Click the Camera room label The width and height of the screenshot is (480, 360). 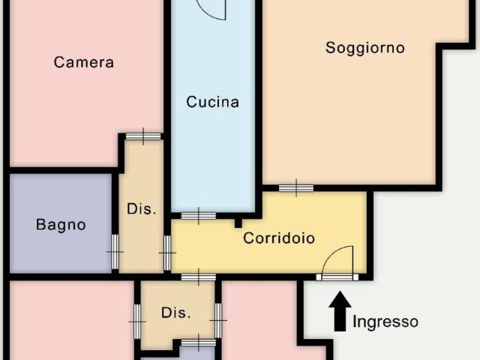[x=84, y=62]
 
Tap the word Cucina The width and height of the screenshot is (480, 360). [x=213, y=102]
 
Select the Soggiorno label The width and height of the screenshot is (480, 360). [x=364, y=48]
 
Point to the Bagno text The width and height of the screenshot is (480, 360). [x=61, y=224]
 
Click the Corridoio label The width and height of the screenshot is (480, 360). [x=278, y=238]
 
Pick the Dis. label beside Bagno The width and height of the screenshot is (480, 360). [x=142, y=209]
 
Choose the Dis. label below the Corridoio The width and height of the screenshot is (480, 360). [x=176, y=313]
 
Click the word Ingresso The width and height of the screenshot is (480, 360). [x=385, y=322]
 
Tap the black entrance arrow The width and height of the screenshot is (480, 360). [x=340, y=310]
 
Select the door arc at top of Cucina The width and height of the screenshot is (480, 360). [x=212, y=9]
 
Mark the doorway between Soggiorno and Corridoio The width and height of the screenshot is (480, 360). [x=295, y=187]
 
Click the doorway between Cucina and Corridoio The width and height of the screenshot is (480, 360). [x=198, y=216]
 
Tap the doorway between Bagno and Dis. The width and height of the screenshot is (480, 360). [x=115, y=253]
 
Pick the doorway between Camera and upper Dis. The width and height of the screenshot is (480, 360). [x=142, y=136]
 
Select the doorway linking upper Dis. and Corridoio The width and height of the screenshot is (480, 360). [x=166, y=253]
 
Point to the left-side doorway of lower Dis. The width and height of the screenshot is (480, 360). [x=137, y=320]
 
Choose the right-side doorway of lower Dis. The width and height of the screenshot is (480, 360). [x=218, y=320]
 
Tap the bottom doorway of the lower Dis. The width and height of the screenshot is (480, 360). [x=198, y=343]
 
